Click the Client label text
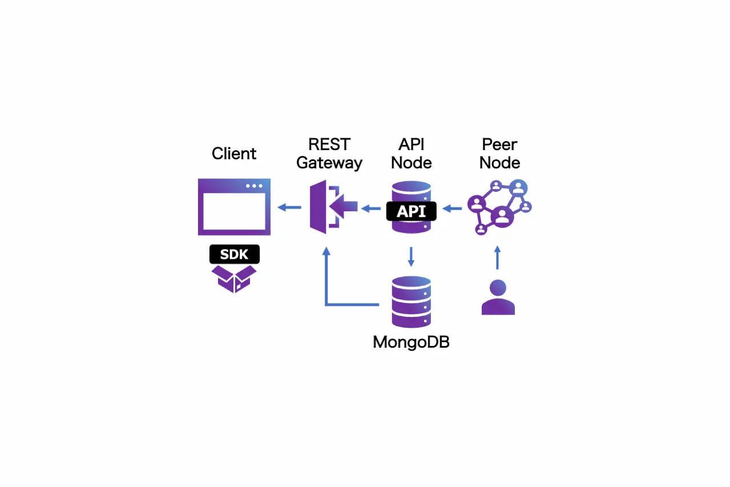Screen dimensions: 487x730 click(x=234, y=154)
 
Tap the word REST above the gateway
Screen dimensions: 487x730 click(x=329, y=144)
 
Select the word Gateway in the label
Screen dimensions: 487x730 click(x=329, y=163)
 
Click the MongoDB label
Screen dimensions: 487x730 click(x=411, y=342)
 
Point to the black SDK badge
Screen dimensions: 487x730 click(x=234, y=254)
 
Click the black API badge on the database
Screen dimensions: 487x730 click(x=411, y=211)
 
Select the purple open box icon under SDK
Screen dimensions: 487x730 click(x=234, y=279)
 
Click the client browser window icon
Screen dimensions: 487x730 click(x=234, y=207)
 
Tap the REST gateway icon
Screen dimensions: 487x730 click(x=331, y=207)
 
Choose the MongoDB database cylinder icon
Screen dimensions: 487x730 click(x=411, y=301)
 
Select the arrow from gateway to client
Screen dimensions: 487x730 click(x=289, y=207)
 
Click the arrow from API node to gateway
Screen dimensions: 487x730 click(x=372, y=208)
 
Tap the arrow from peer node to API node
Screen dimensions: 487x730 click(x=453, y=208)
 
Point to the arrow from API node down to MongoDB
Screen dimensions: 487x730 click(x=411, y=256)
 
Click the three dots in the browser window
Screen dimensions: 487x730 click(x=254, y=186)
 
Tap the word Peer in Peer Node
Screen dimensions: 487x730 click(x=499, y=144)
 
